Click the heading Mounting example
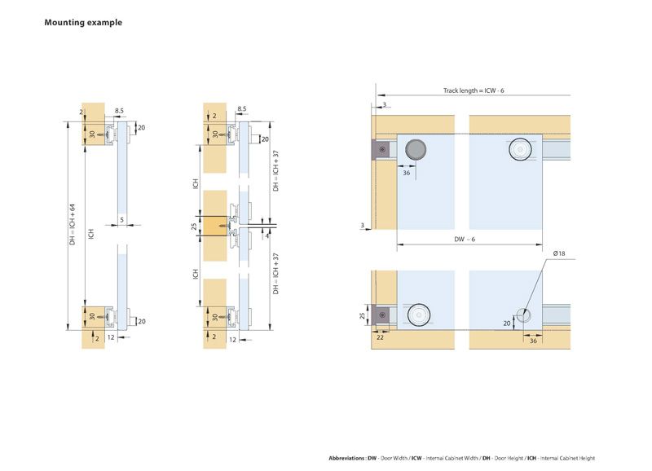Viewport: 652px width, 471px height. click(x=83, y=23)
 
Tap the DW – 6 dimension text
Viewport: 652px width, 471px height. click(x=465, y=239)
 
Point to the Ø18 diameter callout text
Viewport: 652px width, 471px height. click(x=559, y=255)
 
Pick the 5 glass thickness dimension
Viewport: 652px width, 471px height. click(x=121, y=219)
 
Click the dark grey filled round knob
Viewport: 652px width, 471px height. click(x=416, y=149)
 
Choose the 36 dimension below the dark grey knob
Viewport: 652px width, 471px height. click(x=406, y=172)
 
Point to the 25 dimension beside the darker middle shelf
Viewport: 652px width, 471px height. click(x=194, y=226)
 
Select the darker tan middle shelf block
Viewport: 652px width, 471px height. click(x=215, y=227)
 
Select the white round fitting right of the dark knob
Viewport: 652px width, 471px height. click(x=519, y=149)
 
